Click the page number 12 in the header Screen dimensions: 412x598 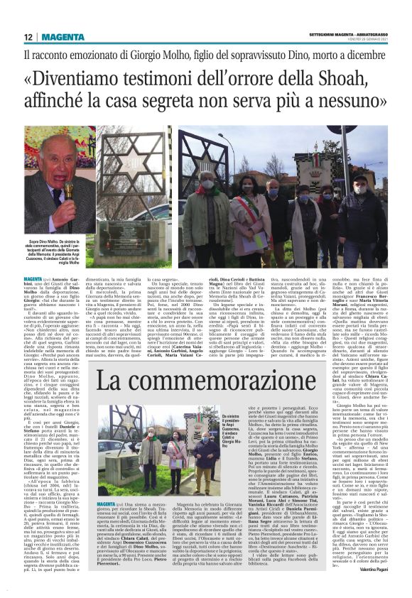point(28,37)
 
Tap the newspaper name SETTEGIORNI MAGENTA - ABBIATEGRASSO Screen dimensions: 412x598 point(347,34)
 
